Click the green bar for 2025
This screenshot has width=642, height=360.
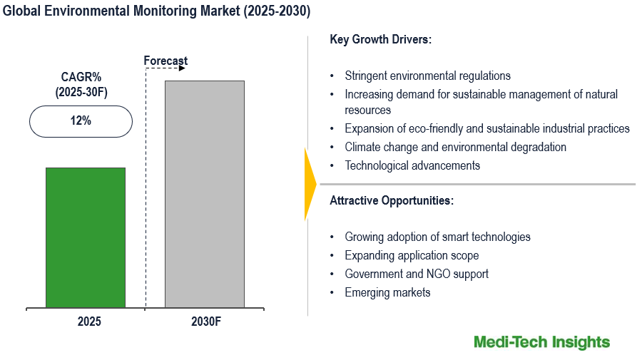86,238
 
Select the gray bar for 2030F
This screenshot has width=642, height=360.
205,195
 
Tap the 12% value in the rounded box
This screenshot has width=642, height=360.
81,121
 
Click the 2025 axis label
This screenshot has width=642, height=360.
89,322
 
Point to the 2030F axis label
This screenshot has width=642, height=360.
206,322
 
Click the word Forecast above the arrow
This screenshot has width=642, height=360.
165,61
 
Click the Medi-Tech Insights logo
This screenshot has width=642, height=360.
541,342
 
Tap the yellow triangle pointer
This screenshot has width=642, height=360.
310,185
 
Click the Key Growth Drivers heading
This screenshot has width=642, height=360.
381,39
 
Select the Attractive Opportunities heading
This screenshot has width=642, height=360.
392,201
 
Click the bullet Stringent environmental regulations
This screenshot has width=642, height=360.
427,76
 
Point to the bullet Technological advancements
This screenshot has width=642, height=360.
412,165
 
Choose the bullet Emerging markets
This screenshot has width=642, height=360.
387,292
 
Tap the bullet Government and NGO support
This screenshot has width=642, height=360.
417,274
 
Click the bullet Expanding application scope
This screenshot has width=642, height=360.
412,255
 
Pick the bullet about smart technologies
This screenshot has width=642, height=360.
437,237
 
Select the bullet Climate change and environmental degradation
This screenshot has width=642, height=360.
455,147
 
